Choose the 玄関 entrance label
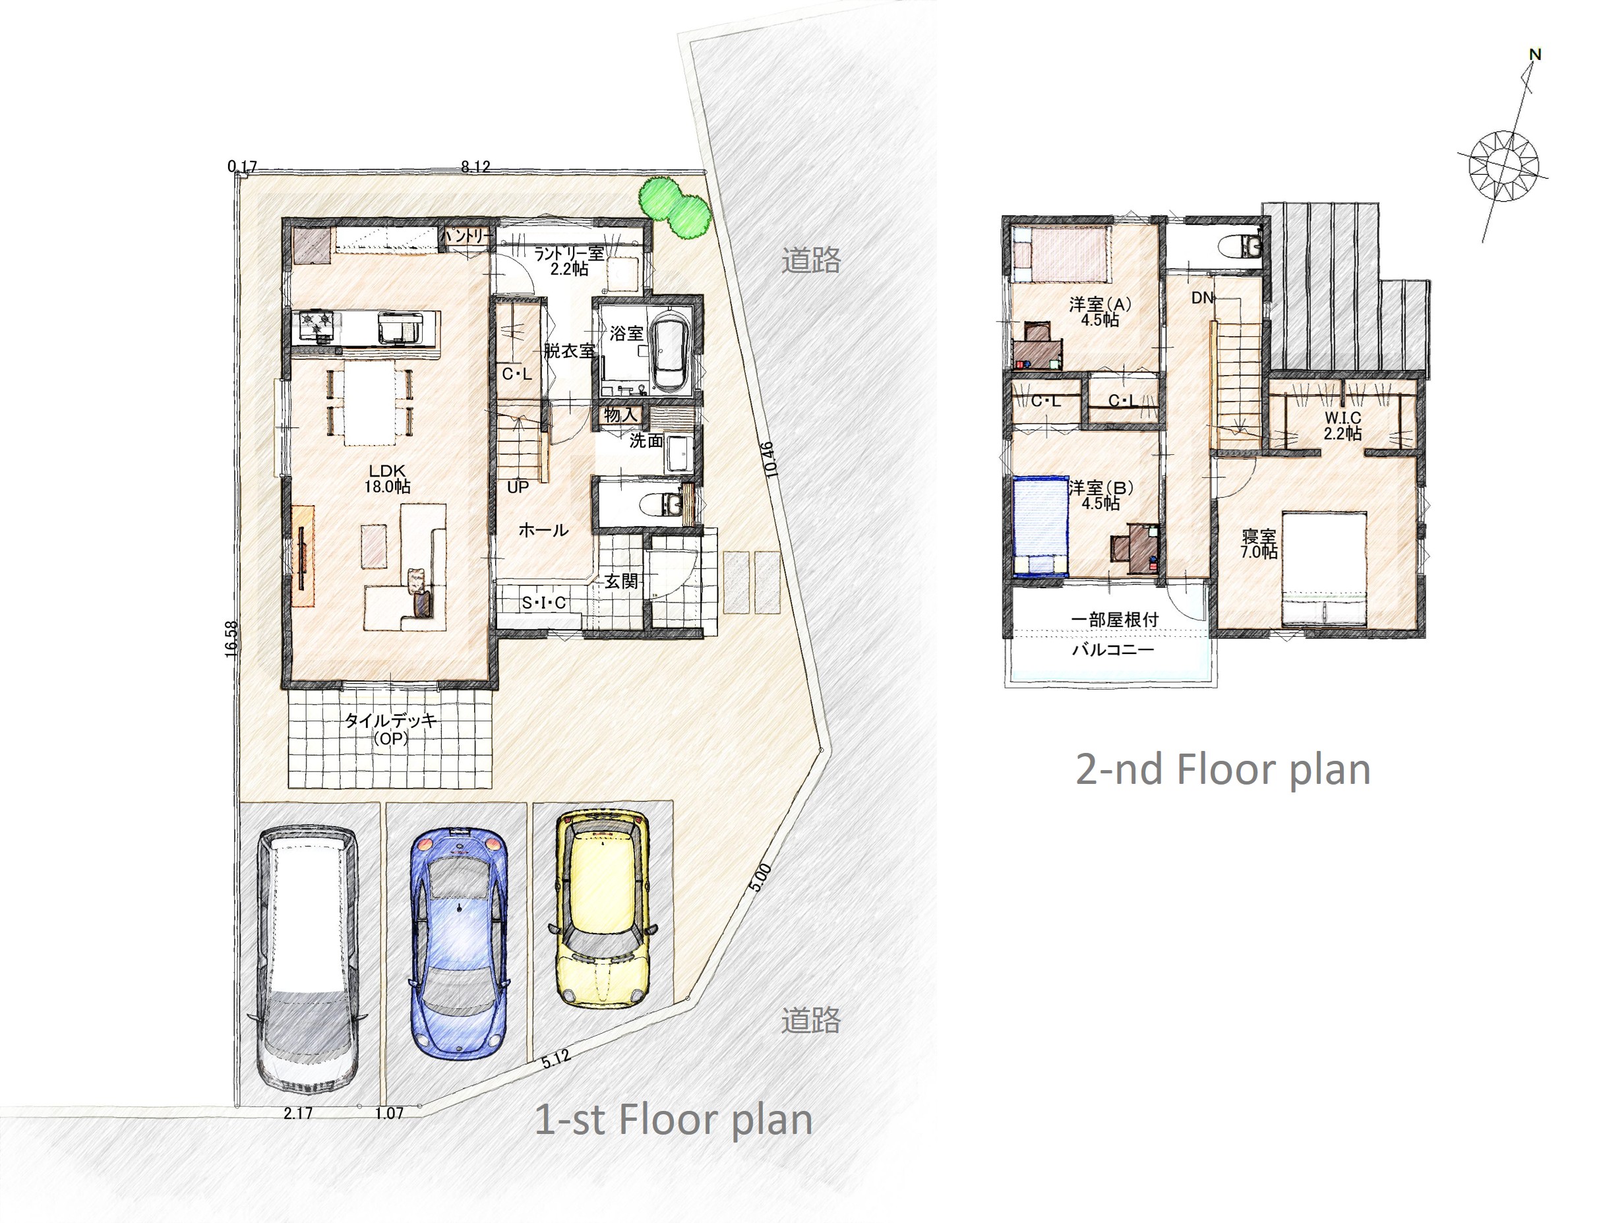click(x=621, y=581)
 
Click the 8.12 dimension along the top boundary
click(x=475, y=167)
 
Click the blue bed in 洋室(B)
click(x=1040, y=526)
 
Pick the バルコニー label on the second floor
click(x=1112, y=649)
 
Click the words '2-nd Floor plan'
click(x=1222, y=769)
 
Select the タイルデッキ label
click(x=390, y=720)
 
